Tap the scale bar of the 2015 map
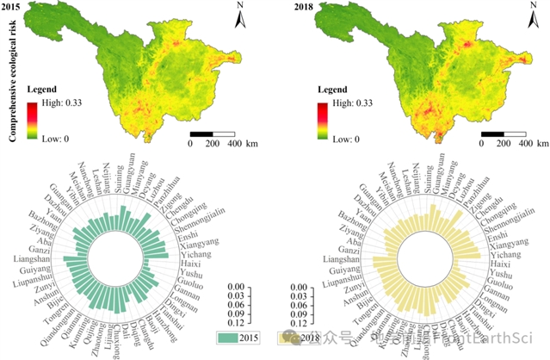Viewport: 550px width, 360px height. [213, 134]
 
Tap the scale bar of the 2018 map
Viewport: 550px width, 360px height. [504, 134]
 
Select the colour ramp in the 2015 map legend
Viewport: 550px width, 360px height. [32, 121]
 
